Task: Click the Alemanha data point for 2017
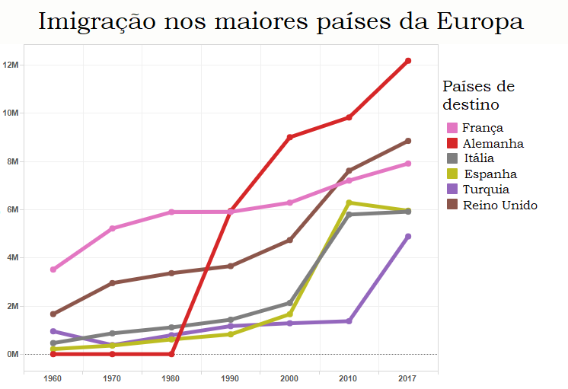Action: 408,61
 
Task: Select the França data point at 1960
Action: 53,269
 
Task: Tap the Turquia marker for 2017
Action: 408,237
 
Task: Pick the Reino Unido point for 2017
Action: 408,141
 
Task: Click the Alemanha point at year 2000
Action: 290,137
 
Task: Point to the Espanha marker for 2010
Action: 349,202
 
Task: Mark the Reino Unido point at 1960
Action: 53,314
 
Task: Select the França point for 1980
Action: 171,212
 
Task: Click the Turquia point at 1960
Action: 53,331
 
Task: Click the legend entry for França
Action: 483,128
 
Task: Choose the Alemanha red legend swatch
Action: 452,143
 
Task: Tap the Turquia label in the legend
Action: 486,190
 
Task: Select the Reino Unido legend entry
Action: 499,205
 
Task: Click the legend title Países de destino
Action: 478,94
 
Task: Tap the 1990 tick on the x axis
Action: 231,378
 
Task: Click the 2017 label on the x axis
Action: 408,378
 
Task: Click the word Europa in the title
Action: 477,21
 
